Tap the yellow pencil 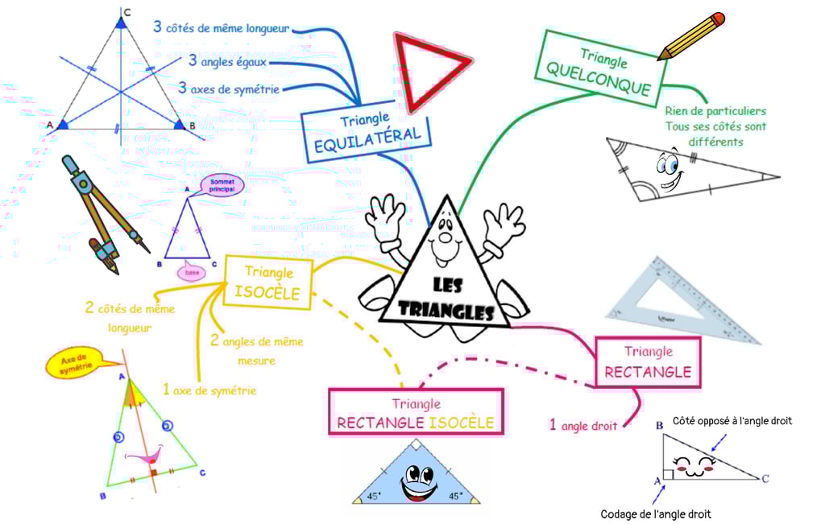[x=690, y=36]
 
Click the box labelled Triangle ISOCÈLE [x=267, y=283]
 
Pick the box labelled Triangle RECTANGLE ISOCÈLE [x=416, y=411]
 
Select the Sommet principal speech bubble [x=222, y=187]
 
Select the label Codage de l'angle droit [x=656, y=514]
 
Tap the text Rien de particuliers [x=715, y=111]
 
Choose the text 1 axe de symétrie [x=209, y=390]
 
